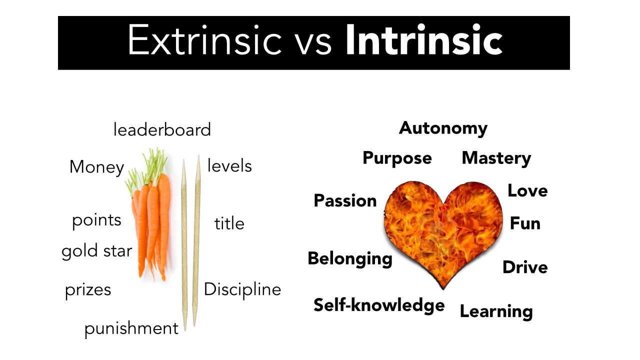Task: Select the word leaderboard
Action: [x=162, y=130]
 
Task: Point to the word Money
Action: [x=96, y=167]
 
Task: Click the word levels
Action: [x=229, y=165]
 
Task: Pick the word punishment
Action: [x=131, y=329]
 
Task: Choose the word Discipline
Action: [x=242, y=289]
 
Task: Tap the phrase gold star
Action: [x=97, y=250]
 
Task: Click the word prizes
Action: [x=88, y=290]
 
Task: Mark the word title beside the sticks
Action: [x=229, y=223]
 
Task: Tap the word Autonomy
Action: [x=443, y=128]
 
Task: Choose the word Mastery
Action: [x=496, y=158]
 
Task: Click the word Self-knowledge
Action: [x=379, y=304]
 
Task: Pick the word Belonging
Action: [x=350, y=259]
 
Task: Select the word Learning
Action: [x=496, y=311]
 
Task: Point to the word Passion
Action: [x=345, y=200]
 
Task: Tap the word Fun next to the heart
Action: [x=525, y=223]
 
